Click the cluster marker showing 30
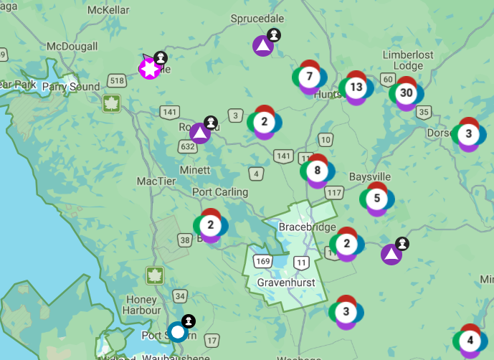pos(407,93)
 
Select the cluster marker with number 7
pos(309,77)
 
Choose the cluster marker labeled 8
pos(317,171)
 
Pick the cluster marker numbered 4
pos(470,340)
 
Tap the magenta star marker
pos(150,69)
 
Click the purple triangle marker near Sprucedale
pos(263,47)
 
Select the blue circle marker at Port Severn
pos(177,331)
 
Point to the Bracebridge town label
pos(307,227)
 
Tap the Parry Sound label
pos(71,87)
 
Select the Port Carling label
pos(220,192)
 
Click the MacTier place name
pos(156,181)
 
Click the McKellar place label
pos(108,11)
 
